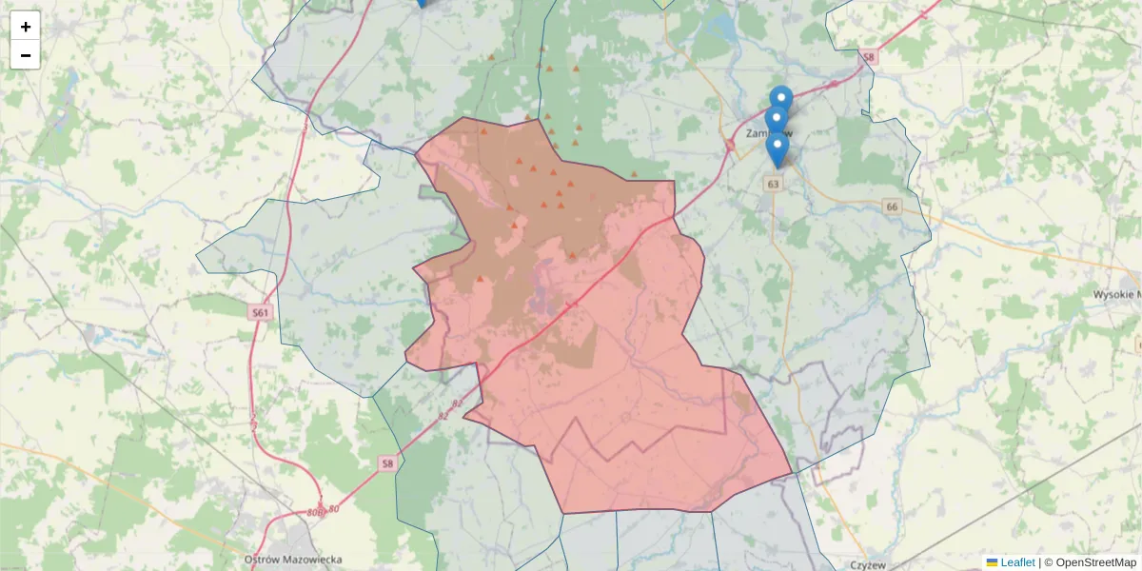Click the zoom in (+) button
[x=26, y=27]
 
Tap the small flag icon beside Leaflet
[x=992, y=562]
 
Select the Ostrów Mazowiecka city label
[x=293, y=560]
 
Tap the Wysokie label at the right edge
[x=1117, y=295]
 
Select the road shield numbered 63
[x=773, y=184]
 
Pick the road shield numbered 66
[x=891, y=207]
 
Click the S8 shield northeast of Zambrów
[x=867, y=58]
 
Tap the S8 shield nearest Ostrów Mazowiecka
[x=386, y=463]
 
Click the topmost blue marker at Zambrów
[x=781, y=98]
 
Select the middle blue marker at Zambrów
[x=777, y=119]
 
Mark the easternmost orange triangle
[x=634, y=174]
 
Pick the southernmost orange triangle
[x=480, y=280]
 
